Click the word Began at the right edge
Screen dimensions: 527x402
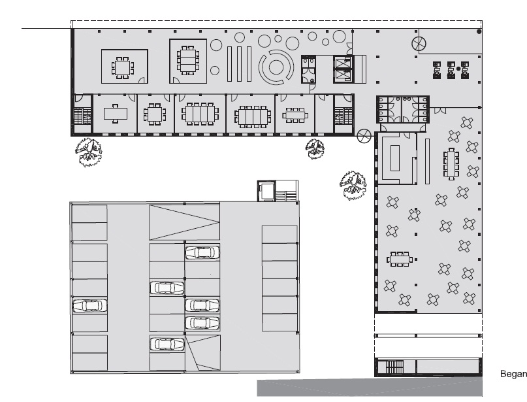[x=513, y=374]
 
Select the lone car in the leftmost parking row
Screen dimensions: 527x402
[x=89, y=305]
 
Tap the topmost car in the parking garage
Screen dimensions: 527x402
[x=202, y=252]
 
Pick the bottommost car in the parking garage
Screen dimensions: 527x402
[x=167, y=344]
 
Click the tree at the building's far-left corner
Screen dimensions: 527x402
[x=88, y=152]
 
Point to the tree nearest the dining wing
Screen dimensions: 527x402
[x=353, y=185]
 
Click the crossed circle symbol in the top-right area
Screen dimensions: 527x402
[x=419, y=44]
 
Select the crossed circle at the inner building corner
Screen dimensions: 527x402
[x=364, y=136]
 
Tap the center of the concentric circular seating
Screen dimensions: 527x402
[x=276, y=67]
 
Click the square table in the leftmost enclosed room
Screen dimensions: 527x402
[x=123, y=67]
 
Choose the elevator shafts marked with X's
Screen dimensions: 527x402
[x=343, y=69]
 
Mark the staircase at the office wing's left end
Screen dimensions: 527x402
[x=82, y=116]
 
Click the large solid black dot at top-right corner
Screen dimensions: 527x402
[x=479, y=31]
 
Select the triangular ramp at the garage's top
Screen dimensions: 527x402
[x=184, y=222]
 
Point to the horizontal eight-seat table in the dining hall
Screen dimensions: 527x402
[x=400, y=260]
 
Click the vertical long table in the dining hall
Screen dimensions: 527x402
[x=451, y=165]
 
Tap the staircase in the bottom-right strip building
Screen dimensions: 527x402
[x=394, y=367]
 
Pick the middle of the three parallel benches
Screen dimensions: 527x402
[x=239, y=64]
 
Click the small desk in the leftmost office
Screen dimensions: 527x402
[x=116, y=114]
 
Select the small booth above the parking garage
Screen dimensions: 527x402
[x=266, y=191]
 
